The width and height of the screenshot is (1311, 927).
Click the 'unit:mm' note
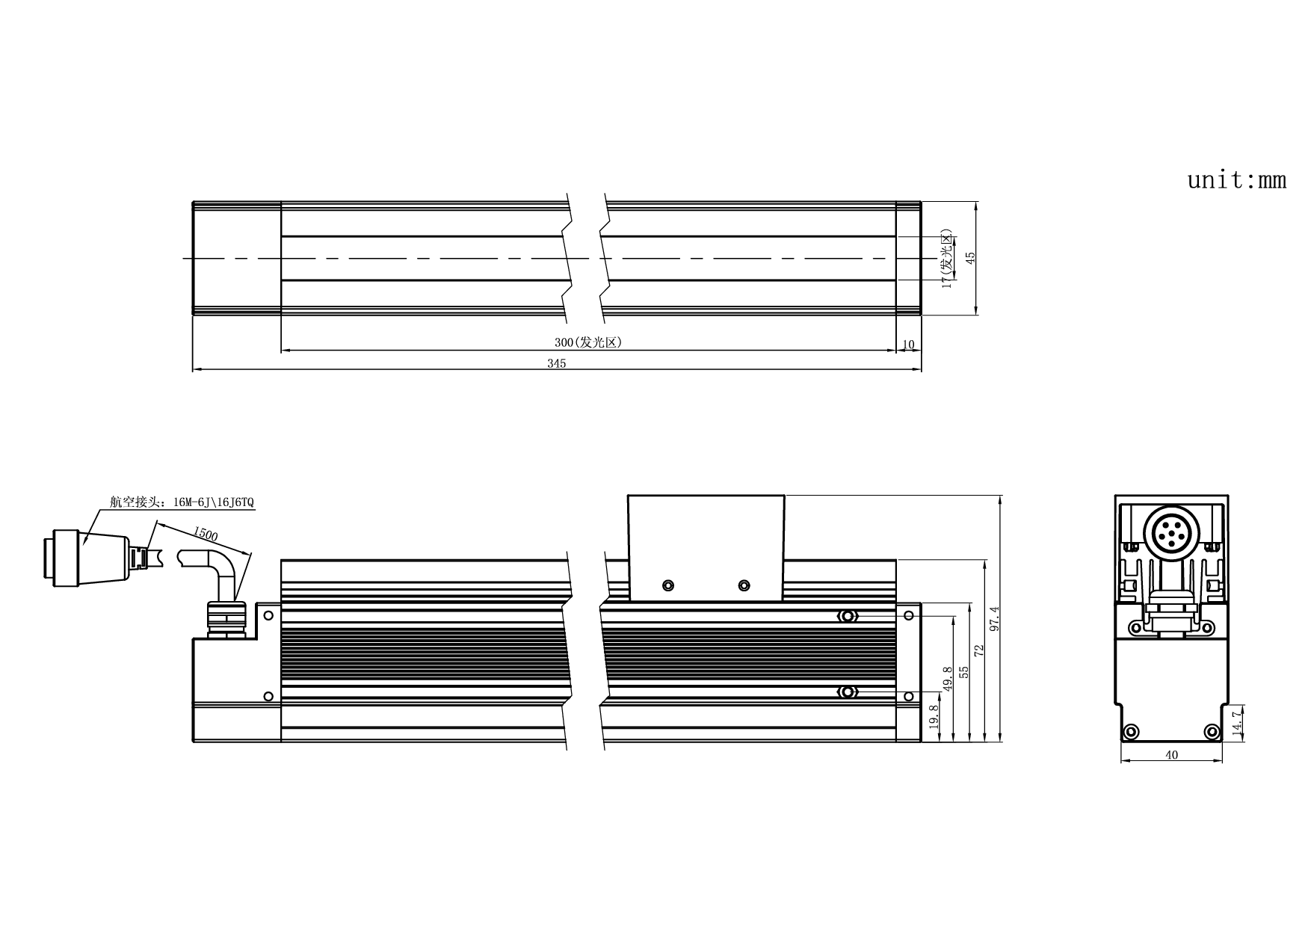point(1237,180)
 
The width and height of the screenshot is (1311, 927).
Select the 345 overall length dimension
point(556,363)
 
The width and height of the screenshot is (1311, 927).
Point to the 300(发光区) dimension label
point(588,342)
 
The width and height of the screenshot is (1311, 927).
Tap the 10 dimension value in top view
point(909,345)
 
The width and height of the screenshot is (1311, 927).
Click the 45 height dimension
point(970,257)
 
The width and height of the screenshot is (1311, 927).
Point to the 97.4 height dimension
point(993,619)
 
